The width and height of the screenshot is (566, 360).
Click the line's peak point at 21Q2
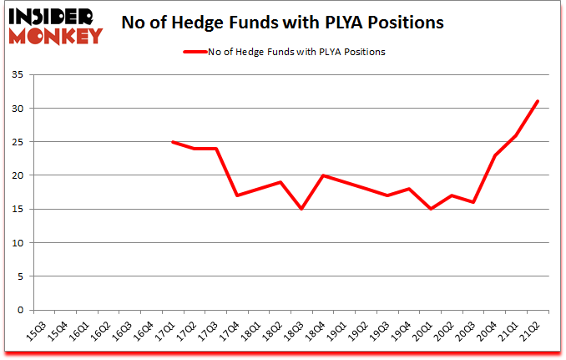tap(538, 101)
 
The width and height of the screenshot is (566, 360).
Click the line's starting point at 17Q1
tap(173, 142)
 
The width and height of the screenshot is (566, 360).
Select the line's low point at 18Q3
tap(301, 209)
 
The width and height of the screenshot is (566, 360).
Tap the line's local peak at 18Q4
tap(323, 175)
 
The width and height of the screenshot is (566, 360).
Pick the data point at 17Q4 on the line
tap(238, 195)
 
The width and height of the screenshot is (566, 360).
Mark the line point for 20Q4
tap(496, 155)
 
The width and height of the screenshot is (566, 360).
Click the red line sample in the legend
tap(200, 52)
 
